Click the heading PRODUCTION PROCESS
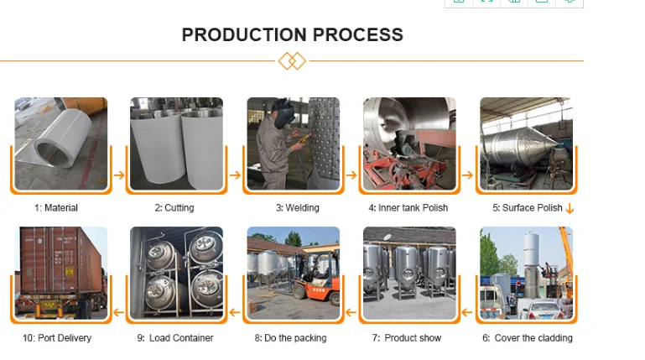click(292, 35)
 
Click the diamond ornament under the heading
click(292, 61)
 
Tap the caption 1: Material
click(56, 208)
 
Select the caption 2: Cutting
click(174, 208)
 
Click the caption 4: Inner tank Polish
click(408, 208)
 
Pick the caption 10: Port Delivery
click(57, 338)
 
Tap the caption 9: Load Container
click(174, 338)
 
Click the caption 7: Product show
click(408, 338)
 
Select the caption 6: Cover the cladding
click(527, 338)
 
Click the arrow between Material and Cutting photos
click(118, 175)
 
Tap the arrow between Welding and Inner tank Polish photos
click(352, 175)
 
